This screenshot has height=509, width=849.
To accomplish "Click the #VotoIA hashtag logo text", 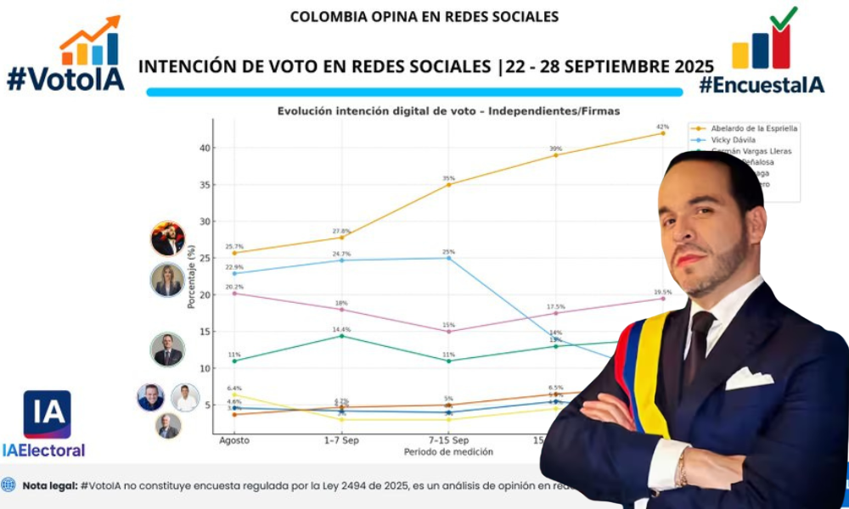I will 65,79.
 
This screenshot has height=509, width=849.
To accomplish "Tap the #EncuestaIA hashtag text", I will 761,84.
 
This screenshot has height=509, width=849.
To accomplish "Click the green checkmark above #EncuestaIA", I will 783,18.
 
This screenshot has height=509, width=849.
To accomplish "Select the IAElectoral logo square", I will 47,414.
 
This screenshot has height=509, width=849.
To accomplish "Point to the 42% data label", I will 662,126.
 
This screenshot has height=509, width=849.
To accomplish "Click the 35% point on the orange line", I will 448,184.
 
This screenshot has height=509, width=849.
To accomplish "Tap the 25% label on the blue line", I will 448,251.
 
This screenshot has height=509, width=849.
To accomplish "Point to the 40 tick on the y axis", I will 204,148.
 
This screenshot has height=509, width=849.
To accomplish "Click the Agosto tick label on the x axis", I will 233,441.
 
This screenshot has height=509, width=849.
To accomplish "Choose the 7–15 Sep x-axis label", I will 448,441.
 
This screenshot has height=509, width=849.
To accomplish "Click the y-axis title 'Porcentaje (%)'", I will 193,276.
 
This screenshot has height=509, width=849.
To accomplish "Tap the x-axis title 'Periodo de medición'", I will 448,452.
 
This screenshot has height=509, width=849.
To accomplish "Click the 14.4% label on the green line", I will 341,328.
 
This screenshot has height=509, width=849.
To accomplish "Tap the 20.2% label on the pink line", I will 233,287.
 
